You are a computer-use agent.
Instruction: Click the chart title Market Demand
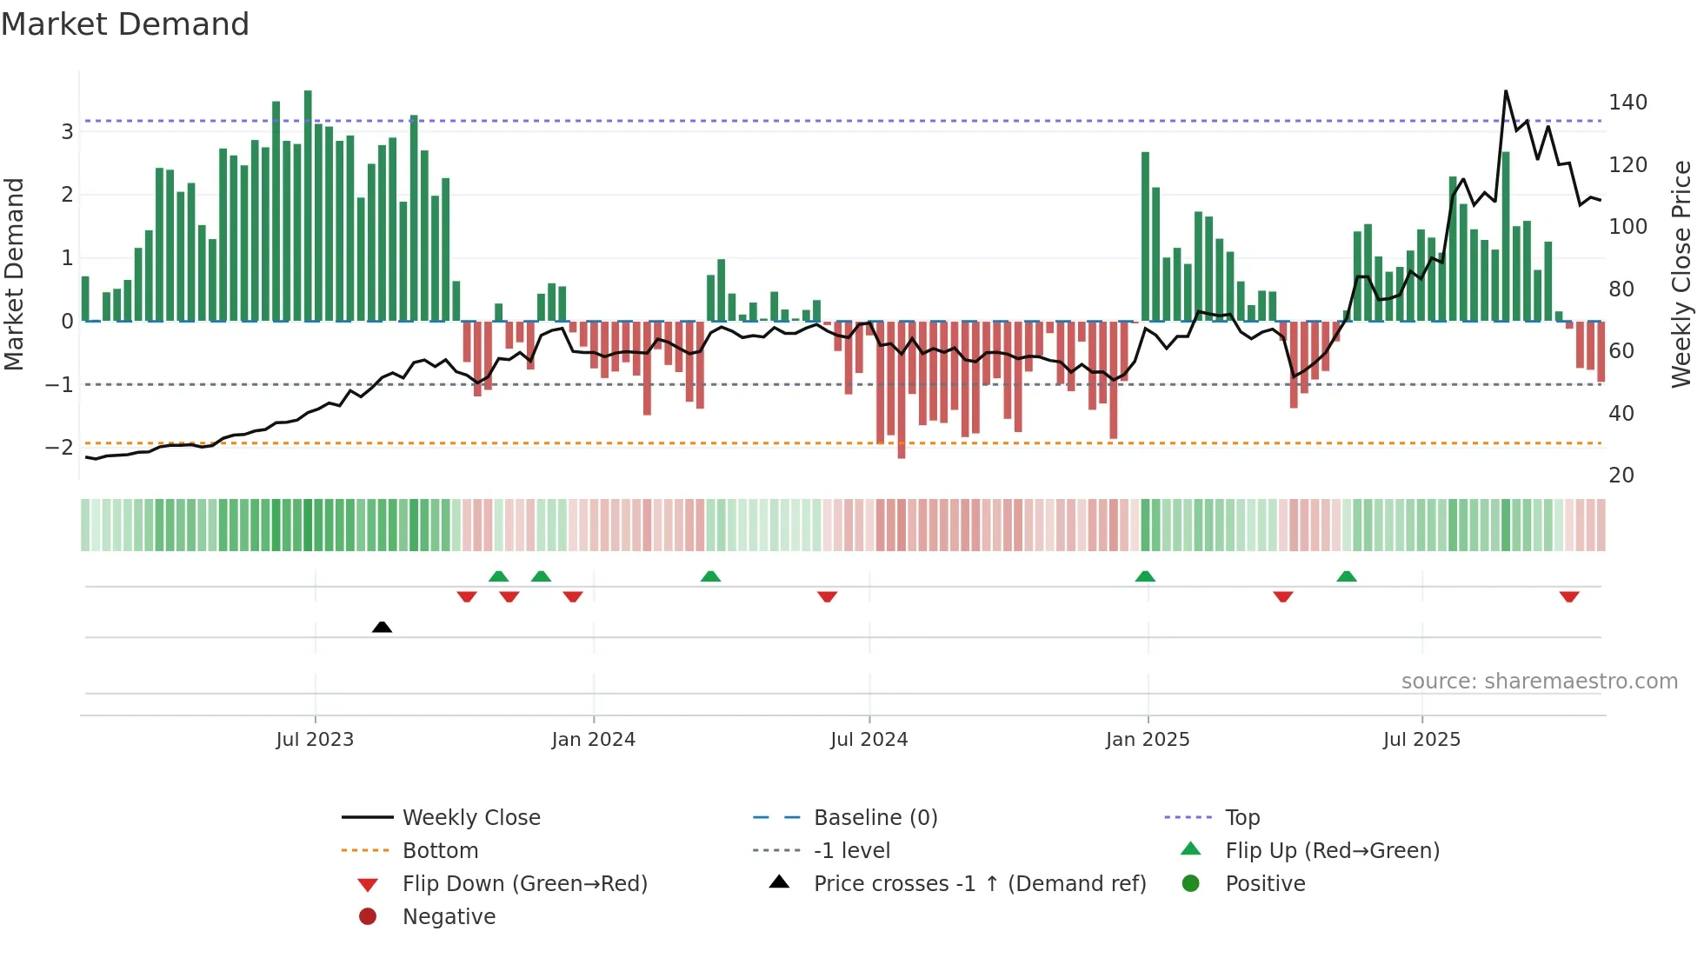125,24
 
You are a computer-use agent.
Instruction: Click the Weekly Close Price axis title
1681,274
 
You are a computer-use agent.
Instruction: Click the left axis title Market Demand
14,274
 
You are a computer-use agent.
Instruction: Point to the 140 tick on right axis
1627,103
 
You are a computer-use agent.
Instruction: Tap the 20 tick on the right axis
1621,476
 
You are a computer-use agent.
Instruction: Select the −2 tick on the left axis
60,448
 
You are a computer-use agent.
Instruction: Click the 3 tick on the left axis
67,132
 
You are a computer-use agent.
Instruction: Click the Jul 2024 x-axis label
869,740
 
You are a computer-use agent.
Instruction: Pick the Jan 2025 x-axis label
1147,740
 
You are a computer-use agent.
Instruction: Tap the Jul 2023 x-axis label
315,740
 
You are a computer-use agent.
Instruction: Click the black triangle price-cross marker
382,627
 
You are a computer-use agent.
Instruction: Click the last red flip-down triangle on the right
1568,596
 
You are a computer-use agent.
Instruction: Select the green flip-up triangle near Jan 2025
1145,576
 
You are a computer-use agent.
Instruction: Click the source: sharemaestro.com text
1539,682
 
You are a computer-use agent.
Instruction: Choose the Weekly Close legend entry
470,818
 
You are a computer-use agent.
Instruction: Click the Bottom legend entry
440,851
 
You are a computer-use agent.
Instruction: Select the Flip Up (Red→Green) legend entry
1332,851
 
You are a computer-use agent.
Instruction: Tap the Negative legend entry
449,917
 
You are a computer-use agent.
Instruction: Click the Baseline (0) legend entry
875,818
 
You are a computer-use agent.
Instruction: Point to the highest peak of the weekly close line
1506,91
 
